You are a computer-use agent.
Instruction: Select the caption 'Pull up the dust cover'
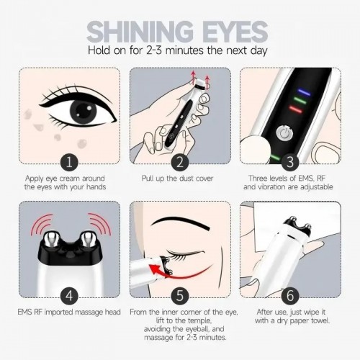(179, 176)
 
